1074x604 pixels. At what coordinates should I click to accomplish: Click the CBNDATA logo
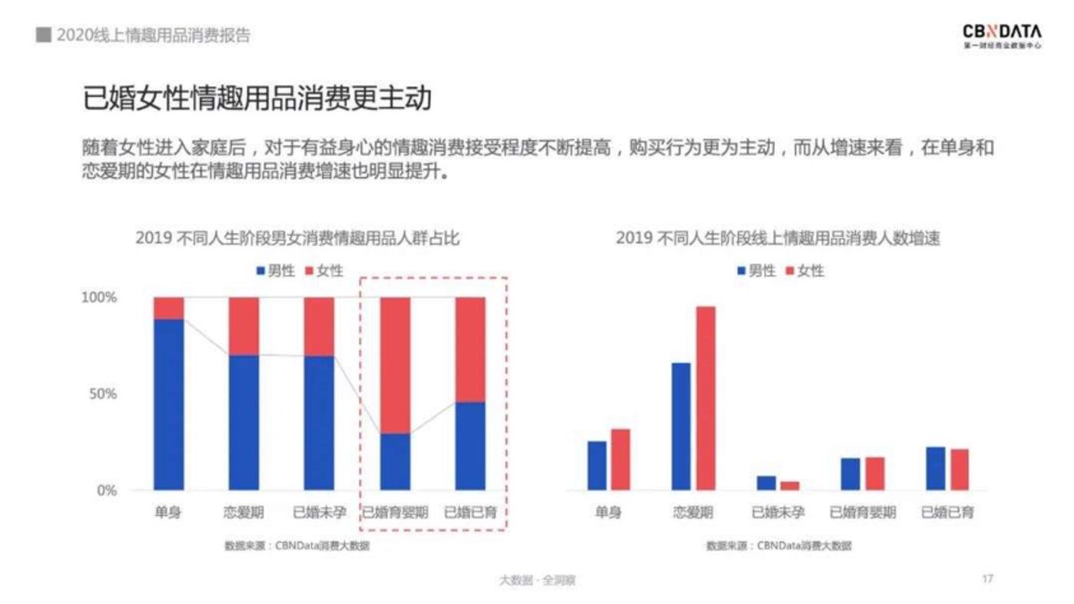point(1003,35)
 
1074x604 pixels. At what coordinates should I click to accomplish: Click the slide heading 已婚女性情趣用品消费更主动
point(258,99)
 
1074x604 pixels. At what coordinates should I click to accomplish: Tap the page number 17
point(987,579)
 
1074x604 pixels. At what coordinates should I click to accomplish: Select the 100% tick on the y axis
point(99,298)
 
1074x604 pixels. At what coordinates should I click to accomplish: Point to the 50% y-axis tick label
point(102,394)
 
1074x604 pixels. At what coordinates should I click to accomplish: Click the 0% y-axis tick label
point(106,490)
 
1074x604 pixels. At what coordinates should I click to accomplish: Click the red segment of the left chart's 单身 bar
point(169,308)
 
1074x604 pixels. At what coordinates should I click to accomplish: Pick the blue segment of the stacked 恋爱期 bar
point(244,422)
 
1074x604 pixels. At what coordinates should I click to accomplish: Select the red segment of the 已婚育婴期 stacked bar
point(395,365)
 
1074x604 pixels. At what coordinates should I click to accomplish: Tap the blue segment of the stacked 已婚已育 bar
point(470,446)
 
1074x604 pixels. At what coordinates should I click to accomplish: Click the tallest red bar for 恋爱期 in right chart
point(706,398)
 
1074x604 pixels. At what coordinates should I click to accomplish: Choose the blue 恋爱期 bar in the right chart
point(681,426)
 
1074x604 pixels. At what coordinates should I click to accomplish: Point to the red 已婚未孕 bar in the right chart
point(789,485)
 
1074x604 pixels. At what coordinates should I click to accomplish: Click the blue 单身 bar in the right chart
point(597,465)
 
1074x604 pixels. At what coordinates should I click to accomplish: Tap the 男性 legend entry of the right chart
point(756,270)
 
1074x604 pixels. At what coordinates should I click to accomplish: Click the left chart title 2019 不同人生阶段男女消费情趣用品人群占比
point(298,238)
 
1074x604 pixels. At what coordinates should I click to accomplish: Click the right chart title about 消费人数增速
point(778,238)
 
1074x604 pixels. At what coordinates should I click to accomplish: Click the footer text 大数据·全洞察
point(537,580)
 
